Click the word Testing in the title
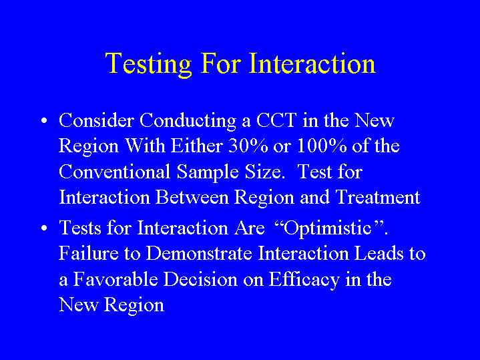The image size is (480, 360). pyautogui.click(x=148, y=64)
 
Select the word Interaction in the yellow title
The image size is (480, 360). pyautogui.click(x=312, y=63)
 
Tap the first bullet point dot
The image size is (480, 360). pyautogui.click(x=44, y=120)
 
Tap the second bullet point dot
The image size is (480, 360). pyautogui.click(x=44, y=228)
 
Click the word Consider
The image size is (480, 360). pyautogui.click(x=96, y=120)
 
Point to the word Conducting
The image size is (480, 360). pyautogui.click(x=188, y=122)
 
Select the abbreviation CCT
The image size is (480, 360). pyautogui.click(x=276, y=120)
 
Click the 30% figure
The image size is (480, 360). pyautogui.click(x=248, y=146)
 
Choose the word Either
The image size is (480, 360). pyautogui.click(x=196, y=146)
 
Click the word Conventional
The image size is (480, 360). pyautogui.click(x=114, y=172)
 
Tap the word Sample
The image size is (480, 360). pyautogui.click(x=208, y=173)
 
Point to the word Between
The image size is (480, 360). pyautogui.click(x=192, y=197)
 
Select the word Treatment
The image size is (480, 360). pyautogui.click(x=378, y=197)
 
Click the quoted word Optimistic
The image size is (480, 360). pyautogui.click(x=328, y=228)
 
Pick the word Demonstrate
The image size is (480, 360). pyautogui.click(x=199, y=253)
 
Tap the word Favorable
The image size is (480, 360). pyautogui.click(x=115, y=279)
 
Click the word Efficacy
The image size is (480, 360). pyautogui.click(x=304, y=281)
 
